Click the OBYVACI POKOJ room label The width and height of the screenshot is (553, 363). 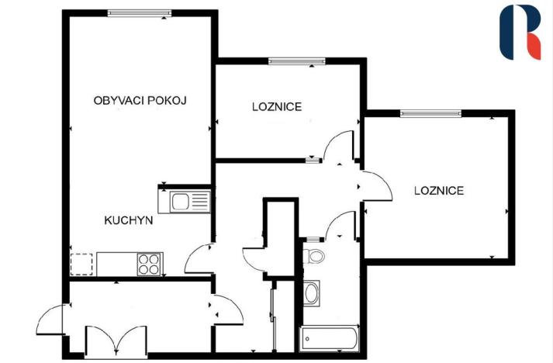tap(140, 101)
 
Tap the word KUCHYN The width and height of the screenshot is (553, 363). tap(128, 220)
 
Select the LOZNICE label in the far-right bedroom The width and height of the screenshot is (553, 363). tap(439, 190)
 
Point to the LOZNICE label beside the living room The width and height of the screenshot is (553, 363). tap(276, 106)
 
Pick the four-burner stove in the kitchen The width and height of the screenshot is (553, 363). tap(149, 264)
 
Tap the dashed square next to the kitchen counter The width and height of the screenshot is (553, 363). tap(81, 264)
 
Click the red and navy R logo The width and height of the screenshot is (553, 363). tap(520, 32)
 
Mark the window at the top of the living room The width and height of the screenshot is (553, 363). tap(139, 12)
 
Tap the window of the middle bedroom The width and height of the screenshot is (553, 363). tap(297, 60)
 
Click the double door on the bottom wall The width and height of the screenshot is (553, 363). tap(116, 340)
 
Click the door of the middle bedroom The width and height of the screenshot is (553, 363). tap(338, 147)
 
